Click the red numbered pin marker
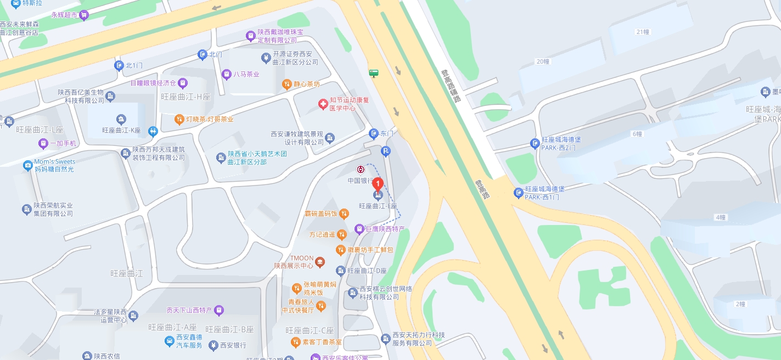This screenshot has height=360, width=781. pos(378,184)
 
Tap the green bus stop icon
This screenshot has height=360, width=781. pos(374,72)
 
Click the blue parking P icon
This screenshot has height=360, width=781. pos(386,152)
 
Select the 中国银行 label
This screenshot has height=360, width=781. pos(360,180)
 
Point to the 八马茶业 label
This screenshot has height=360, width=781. pos(246,74)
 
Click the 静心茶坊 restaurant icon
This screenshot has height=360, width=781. pos(286,84)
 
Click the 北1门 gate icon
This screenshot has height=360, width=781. pos(119,66)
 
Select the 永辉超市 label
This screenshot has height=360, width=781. pos(64,15)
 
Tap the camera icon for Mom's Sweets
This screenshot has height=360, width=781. pos(27,165)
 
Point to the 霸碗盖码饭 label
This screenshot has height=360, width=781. pos(321,213)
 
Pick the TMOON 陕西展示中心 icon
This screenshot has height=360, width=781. pos(320,262)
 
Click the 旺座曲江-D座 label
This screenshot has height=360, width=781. pos(367,271)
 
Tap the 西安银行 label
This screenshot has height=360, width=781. pos(233,345)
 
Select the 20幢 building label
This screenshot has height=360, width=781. pos(543,61)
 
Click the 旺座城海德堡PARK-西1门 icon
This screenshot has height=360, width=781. pos(519,193)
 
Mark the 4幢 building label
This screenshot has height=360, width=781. pos(721,217)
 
